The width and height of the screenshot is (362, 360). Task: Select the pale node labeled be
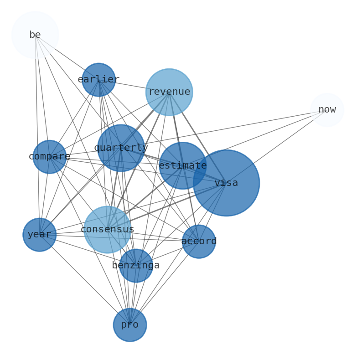[x=35, y=35]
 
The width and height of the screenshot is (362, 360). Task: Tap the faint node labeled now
[x=327, y=110]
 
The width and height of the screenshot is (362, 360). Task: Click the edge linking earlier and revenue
[x=132, y=85]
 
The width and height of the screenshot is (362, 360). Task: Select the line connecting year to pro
[x=85, y=280]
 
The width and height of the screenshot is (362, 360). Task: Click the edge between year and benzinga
[x=88, y=250]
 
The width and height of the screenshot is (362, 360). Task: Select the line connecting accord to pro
[x=164, y=283]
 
